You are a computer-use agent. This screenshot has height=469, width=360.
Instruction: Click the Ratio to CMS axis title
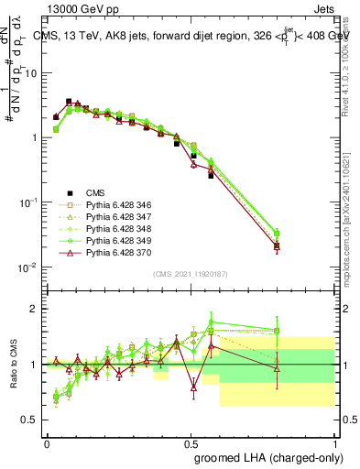(13, 365)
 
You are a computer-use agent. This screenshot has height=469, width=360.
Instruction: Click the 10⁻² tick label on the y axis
(31, 267)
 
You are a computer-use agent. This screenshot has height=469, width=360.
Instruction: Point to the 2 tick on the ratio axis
(37, 309)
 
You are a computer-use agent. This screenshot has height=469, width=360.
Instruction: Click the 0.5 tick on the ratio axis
(33, 420)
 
